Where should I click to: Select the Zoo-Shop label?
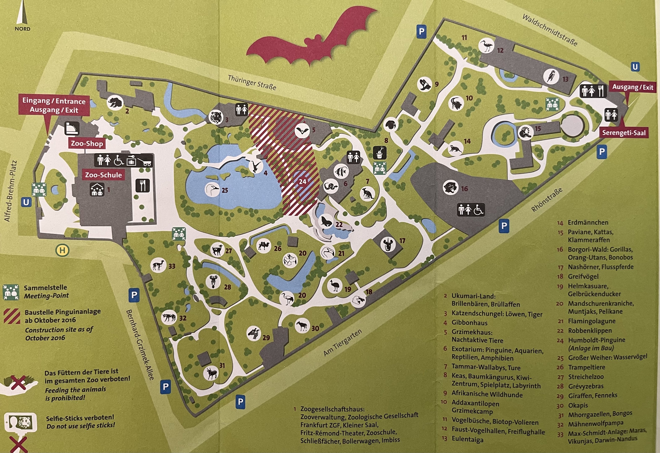pyautogui.click(x=87, y=143)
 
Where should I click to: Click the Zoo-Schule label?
pyautogui.click(x=103, y=175)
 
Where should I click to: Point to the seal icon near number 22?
pyautogui.click(x=326, y=221)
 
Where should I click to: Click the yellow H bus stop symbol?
pyautogui.click(x=62, y=250)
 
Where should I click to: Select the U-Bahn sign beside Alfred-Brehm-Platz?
pyautogui.click(x=26, y=202)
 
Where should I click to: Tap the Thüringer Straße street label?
pyautogui.click(x=252, y=82)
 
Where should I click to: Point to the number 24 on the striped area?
pyautogui.click(x=303, y=181)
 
